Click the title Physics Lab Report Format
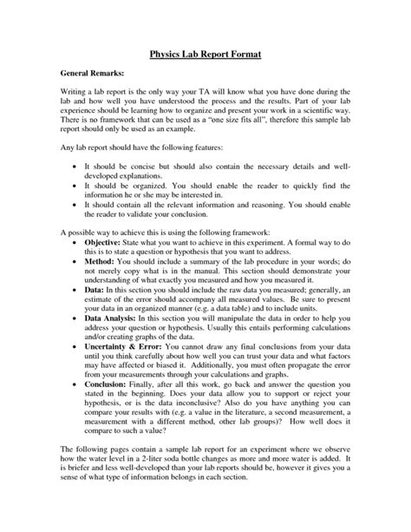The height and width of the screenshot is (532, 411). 205,54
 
